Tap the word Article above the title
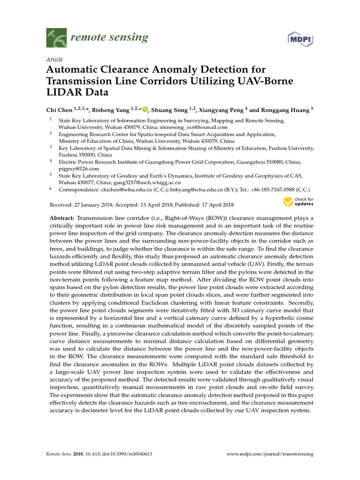[x=54, y=60]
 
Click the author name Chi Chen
[x=59, y=110]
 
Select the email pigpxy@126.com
[x=79, y=168]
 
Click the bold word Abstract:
[x=62, y=219]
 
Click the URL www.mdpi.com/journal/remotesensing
[x=270, y=454]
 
